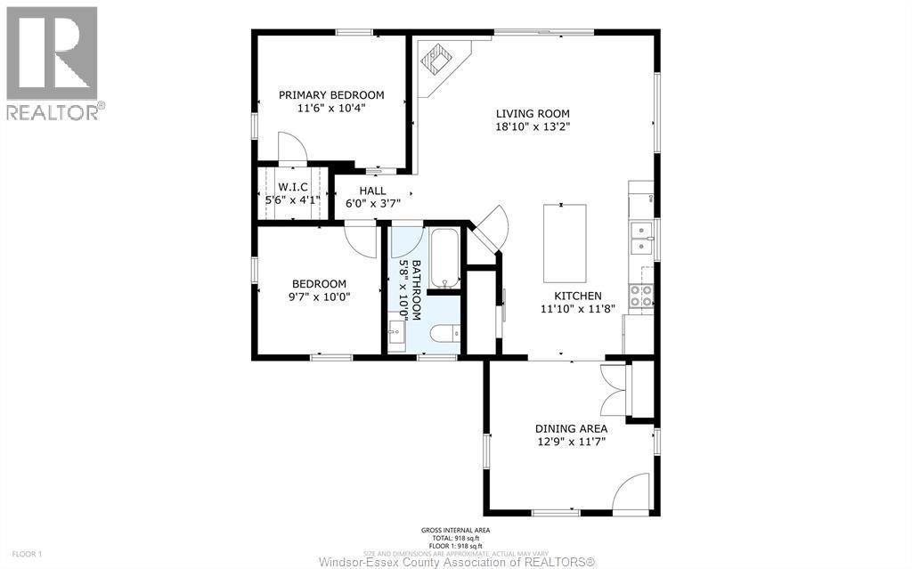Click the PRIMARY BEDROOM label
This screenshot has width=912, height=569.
point(331,95)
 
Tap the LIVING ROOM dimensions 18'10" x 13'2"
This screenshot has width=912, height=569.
point(533,126)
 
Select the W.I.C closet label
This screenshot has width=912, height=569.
point(292,187)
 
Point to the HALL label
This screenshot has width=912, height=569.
point(372,191)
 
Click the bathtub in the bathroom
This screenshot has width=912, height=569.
point(444,258)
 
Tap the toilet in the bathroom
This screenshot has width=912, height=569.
point(444,334)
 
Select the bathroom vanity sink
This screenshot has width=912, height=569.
point(396,334)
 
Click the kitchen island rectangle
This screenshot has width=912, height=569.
point(566,240)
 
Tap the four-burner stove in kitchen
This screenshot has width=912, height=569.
point(640,296)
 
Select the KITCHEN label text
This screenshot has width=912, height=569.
point(577,296)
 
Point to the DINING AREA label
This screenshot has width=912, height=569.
point(571,428)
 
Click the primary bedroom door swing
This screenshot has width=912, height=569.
point(292,148)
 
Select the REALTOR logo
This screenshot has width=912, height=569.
point(53,62)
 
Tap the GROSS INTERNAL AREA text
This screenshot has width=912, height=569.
point(455,532)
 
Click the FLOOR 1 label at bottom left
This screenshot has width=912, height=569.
point(27,554)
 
